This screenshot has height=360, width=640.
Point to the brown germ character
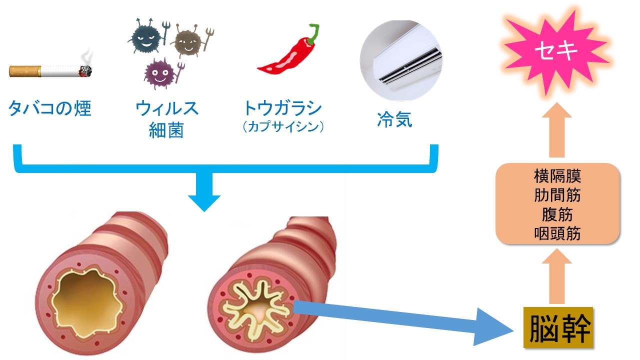click(x=187, y=43)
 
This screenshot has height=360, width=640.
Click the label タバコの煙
click(x=50, y=108)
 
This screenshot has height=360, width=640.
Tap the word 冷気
click(x=395, y=120)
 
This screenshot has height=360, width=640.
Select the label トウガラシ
click(x=282, y=108)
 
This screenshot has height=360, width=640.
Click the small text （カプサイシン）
click(x=282, y=127)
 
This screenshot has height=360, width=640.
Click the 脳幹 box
click(x=558, y=327)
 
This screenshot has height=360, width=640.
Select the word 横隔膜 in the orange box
click(x=557, y=177)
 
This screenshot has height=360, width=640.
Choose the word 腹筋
click(x=557, y=214)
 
